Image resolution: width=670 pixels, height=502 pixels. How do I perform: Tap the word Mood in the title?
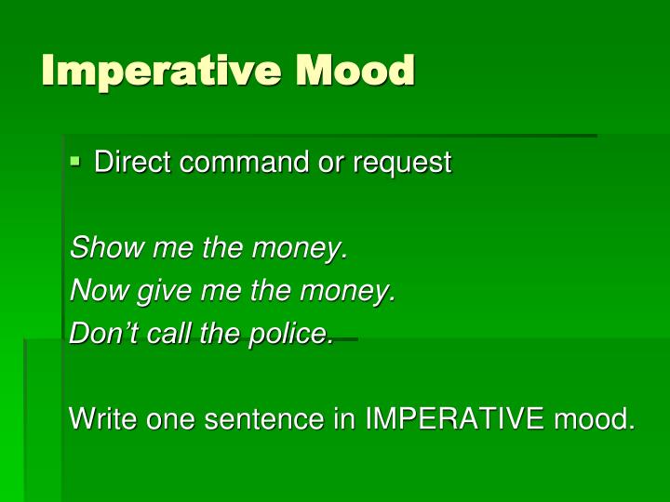(x=355, y=71)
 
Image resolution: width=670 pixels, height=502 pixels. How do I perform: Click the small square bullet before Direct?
(x=76, y=162)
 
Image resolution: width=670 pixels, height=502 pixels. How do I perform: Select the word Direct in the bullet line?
(x=133, y=163)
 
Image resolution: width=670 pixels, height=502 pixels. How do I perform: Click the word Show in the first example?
(x=99, y=248)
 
